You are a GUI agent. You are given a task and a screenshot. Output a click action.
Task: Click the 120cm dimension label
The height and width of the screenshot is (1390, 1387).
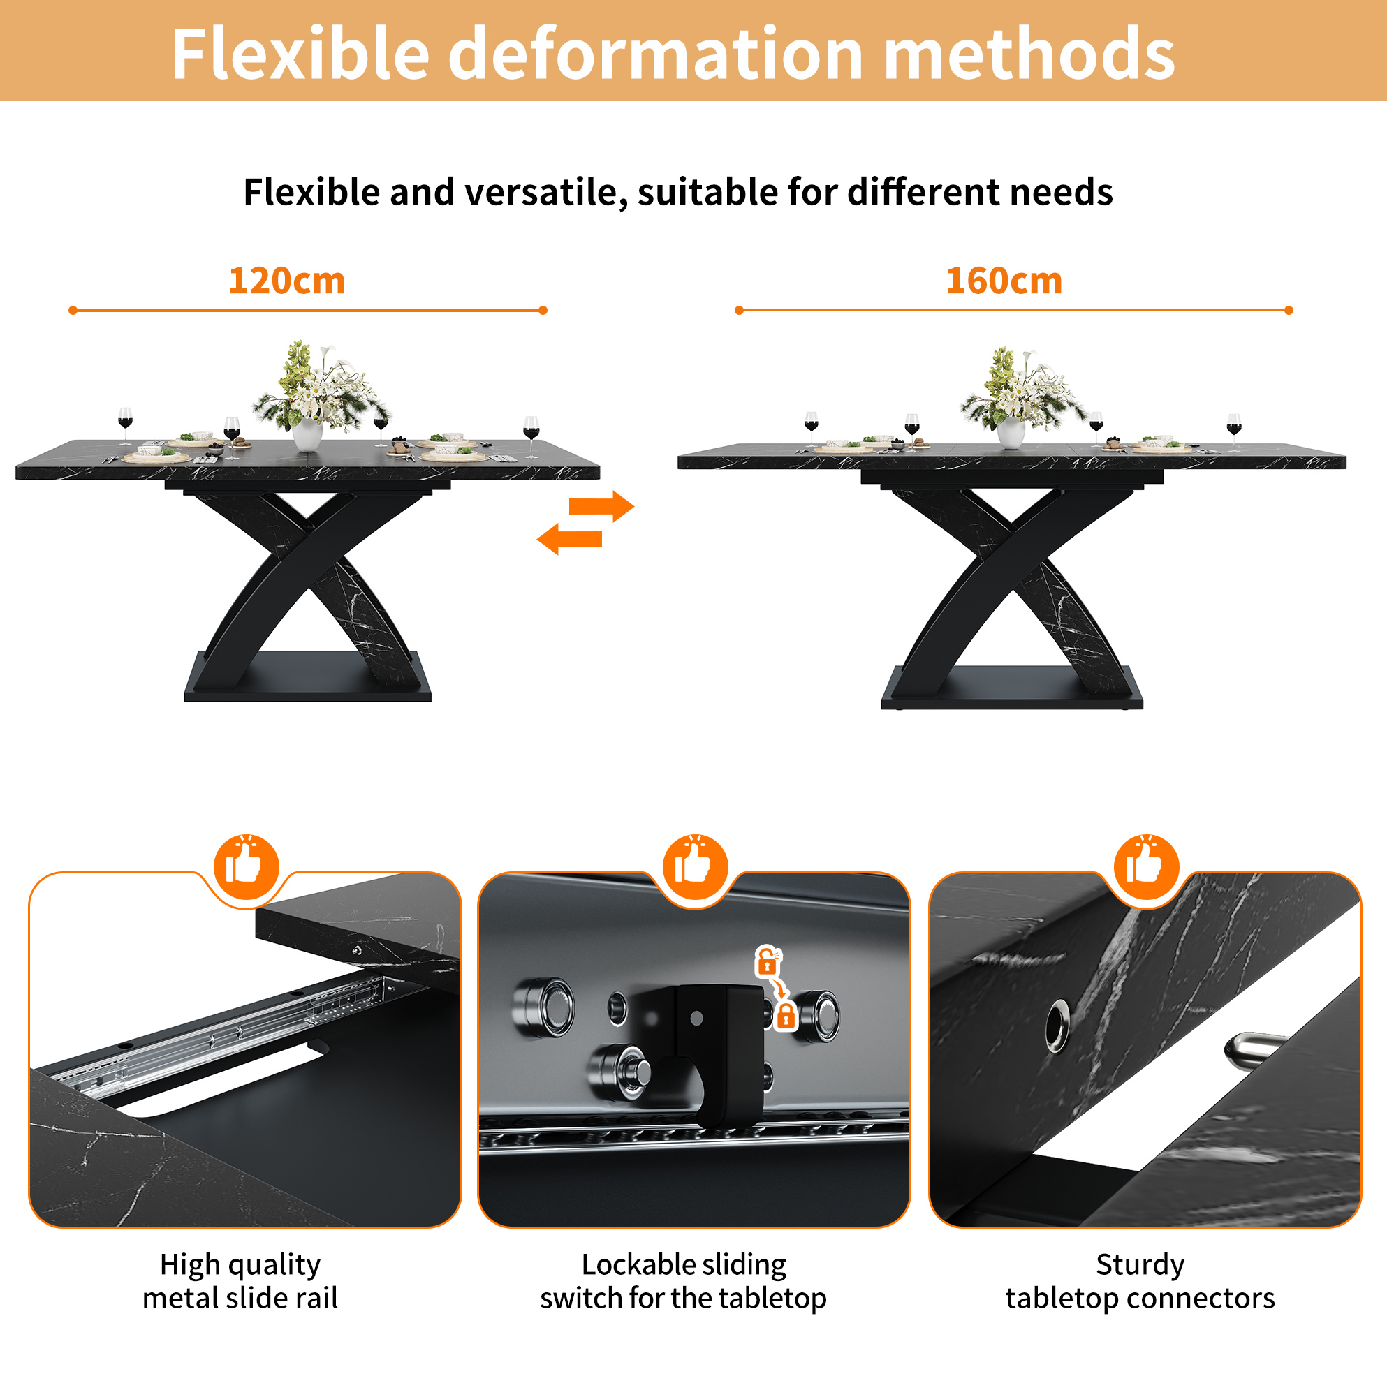coord(286,281)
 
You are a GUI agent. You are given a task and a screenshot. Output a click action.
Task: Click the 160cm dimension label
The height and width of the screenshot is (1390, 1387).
coord(1004,281)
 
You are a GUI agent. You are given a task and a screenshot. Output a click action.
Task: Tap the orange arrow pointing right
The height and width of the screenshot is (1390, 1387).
coord(601,505)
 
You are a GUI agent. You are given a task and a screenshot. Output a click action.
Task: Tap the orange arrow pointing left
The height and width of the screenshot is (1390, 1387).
coord(569,539)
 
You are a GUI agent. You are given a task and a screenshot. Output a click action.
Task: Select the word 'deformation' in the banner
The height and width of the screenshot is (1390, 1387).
coord(655,53)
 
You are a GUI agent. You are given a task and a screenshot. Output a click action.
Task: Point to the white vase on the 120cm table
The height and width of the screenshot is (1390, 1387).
coord(307,434)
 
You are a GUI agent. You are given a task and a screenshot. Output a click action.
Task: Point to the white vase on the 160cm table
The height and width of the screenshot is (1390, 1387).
coord(1011,431)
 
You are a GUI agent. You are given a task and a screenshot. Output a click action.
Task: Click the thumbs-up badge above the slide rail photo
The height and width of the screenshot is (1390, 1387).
coord(246,867)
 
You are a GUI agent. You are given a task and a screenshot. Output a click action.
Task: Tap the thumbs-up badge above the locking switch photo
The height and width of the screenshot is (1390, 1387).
coord(695,867)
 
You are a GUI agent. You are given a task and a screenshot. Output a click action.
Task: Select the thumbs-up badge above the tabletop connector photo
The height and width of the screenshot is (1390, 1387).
coord(1146,867)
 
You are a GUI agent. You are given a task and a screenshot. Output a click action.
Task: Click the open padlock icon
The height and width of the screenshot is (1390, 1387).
coord(768,961)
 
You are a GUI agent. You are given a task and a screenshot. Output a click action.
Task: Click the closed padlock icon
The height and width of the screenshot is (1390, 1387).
coord(786,1015)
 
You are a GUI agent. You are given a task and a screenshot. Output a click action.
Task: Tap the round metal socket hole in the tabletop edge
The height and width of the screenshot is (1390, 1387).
coord(1057,1024)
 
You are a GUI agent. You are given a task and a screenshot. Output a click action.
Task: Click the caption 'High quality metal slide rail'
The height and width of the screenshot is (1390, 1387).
coord(240,1281)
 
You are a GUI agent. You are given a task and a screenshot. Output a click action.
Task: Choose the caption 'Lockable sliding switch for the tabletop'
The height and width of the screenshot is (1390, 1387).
coord(683,1281)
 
